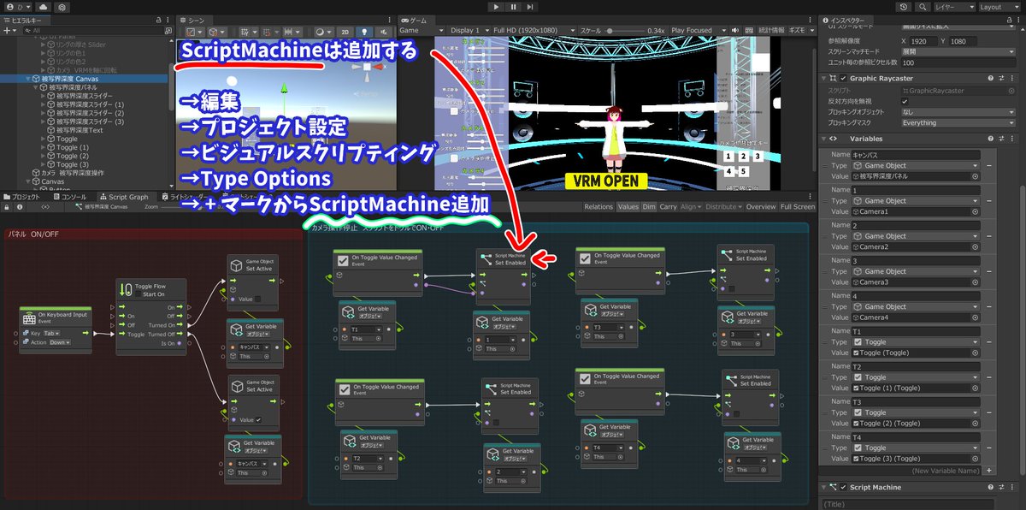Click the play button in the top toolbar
(497, 7)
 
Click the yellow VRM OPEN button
(605, 181)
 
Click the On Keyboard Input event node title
(60, 316)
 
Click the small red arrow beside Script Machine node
(545, 258)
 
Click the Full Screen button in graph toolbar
(797, 206)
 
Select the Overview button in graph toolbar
(761, 206)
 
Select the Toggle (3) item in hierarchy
(73, 164)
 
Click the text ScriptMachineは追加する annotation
(299, 50)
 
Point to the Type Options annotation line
(256, 179)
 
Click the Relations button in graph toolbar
(598, 206)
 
